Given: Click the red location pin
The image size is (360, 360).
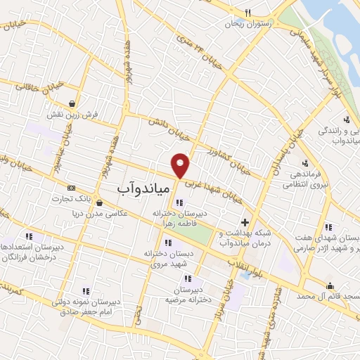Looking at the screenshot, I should point(181,164).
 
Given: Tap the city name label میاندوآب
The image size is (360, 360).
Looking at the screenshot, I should point(139,188).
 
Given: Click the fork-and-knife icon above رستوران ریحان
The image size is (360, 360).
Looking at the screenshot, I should point(247,12).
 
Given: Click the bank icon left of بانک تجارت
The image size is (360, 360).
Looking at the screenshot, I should point(71,188).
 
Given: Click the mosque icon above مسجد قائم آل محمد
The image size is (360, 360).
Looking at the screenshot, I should point(330,285).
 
